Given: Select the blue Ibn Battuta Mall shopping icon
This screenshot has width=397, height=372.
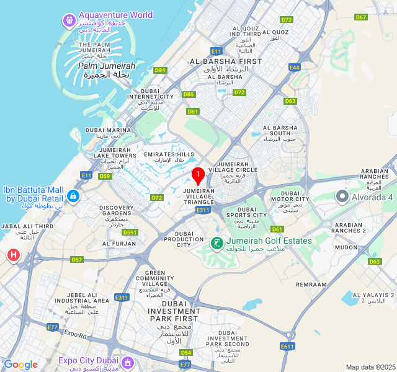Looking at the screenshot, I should pyautogui.click(x=73, y=196).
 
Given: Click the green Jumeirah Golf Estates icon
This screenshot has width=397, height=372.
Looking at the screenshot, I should pyautogui.click(x=216, y=243).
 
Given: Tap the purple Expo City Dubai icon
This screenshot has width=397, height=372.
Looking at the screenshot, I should pyautogui.click(x=128, y=361).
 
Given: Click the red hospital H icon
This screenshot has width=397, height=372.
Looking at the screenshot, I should pyautogui.click(x=13, y=255).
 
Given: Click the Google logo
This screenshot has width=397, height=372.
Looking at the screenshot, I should pyautogui.click(x=20, y=365).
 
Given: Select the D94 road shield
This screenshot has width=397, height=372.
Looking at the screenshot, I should pyautogui.click(x=161, y=70).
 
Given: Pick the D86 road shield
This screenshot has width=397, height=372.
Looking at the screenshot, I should pyautogui.click(x=189, y=94).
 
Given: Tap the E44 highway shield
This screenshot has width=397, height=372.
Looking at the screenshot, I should pyautogui.click(x=295, y=67).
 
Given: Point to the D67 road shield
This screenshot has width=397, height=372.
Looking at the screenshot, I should pyautogui.click(x=361, y=17).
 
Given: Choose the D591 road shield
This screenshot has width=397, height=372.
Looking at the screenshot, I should pyautogui.click(x=130, y=232).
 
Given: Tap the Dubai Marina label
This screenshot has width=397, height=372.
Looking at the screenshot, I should pyautogui.click(x=109, y=130).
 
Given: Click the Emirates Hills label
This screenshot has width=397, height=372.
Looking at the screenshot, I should pyautogui.click(x=169, y=154).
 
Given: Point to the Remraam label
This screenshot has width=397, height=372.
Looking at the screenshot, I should pyautogui.click(x=311, y=284).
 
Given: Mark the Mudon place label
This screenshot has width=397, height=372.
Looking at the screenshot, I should pyautogui.click(x=347, y=247).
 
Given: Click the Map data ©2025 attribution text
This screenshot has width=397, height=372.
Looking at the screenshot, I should pyautogui.click(x=370, y=367).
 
